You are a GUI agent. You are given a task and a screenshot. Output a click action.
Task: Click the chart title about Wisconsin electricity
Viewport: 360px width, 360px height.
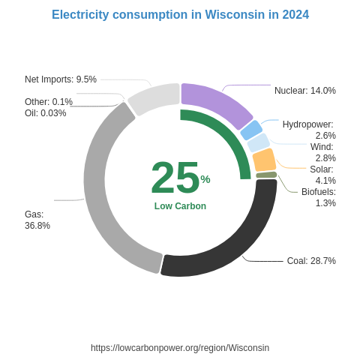pos(180,15)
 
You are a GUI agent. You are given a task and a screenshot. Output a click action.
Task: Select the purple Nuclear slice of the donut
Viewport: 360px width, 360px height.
pos(217,104)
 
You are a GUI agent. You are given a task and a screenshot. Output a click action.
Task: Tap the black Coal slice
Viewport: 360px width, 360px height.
pos(232,240)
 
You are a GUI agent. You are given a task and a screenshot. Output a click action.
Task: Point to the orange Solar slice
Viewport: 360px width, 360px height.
pos(264,160)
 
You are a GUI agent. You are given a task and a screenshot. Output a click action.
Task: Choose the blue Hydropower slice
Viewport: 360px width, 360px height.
pos(251,130)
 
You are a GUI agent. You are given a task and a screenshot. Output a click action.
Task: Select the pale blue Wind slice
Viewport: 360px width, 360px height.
pos(258,142)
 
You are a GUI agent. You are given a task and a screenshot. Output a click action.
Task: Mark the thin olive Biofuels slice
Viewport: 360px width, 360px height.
pos(266,175)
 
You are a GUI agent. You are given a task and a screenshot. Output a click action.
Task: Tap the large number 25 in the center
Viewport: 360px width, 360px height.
pos(175,178)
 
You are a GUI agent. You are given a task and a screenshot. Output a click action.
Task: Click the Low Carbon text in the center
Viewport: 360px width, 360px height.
pos(180,206)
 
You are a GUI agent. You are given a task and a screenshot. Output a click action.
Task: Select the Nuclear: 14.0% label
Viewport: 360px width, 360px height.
pos(304,91)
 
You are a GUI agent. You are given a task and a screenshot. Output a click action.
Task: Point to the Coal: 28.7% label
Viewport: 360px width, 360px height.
pos(311,261)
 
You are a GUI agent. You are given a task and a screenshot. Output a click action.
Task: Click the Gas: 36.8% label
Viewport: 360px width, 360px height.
pos(37,220)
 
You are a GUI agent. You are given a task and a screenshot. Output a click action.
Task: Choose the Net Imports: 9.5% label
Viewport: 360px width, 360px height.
pos(61,79)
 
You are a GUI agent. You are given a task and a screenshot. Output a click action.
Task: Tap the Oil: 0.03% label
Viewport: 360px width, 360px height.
pos(45,113)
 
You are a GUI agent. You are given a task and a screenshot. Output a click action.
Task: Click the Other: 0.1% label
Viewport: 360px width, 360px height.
pos(49,102)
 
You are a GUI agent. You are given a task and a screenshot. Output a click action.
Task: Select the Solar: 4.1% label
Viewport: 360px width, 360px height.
pos(322,175)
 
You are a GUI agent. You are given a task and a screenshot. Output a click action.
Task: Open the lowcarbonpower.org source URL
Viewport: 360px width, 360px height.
pos(180,348)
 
